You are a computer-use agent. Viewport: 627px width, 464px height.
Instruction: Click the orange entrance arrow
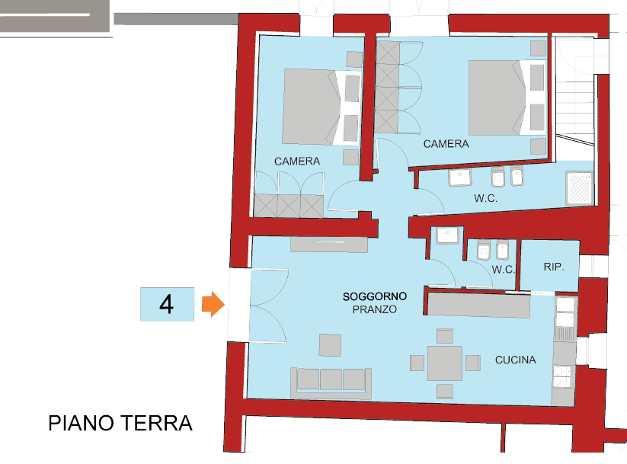pos(213,305)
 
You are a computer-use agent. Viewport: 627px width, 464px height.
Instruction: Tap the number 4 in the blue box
pos(166,305)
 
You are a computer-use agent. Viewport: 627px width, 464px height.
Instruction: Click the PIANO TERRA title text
pos(120,423)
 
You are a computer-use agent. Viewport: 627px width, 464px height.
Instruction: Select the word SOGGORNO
pos(375,296)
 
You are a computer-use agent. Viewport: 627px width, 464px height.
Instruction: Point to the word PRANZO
pos(375,309)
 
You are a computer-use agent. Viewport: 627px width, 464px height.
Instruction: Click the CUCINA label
pos(516,360)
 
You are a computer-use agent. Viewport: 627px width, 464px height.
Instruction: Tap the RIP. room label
pos(554,267)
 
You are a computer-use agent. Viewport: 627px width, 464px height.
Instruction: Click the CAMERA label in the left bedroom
pos(297,162)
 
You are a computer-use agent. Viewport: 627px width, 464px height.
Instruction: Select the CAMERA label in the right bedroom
pos(446,144)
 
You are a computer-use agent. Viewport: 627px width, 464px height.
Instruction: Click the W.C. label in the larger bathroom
pos(486,198)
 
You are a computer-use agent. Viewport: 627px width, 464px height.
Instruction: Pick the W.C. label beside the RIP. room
pos(504,269)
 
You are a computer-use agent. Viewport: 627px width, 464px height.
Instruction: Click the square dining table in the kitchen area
pos(445,363)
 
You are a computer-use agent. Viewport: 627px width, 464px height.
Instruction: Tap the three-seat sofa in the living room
pos(331,383)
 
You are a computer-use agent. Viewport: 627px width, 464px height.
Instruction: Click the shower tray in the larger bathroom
pos(580,188)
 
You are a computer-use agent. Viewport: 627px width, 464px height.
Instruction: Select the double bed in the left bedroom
pos(321,107)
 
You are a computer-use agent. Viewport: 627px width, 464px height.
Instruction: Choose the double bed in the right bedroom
pos(507,98)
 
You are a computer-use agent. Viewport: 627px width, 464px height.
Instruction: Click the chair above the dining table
pos(445,336)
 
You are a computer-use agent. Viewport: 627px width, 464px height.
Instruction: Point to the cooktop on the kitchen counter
pos(564,376)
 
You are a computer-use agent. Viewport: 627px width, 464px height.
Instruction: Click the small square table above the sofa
pos(331,345)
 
